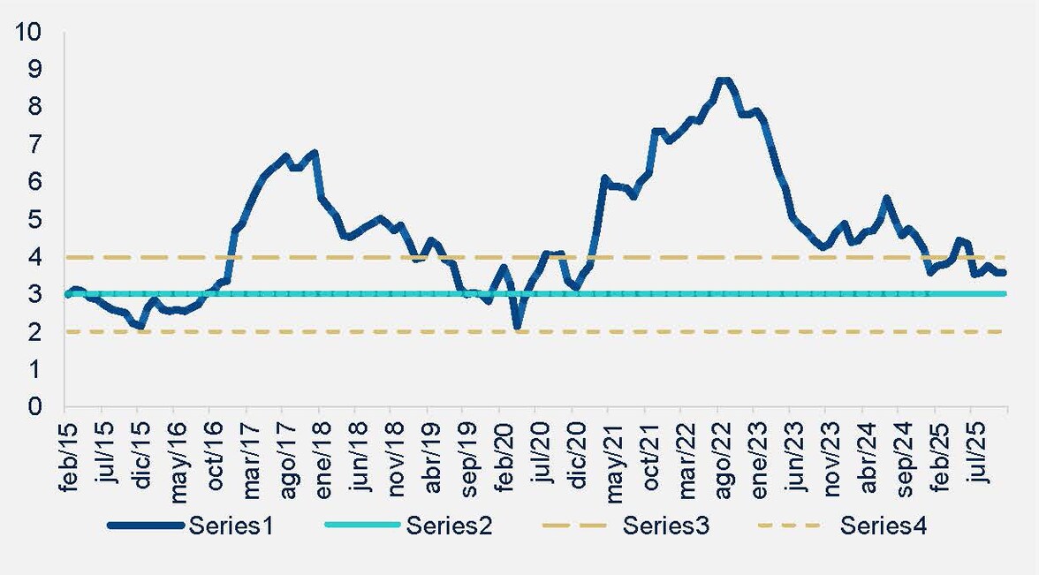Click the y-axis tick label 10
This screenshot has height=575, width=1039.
click(29, 31)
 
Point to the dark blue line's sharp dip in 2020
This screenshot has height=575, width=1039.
click(518, 328)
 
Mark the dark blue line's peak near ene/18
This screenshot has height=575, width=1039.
click(315, 153)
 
